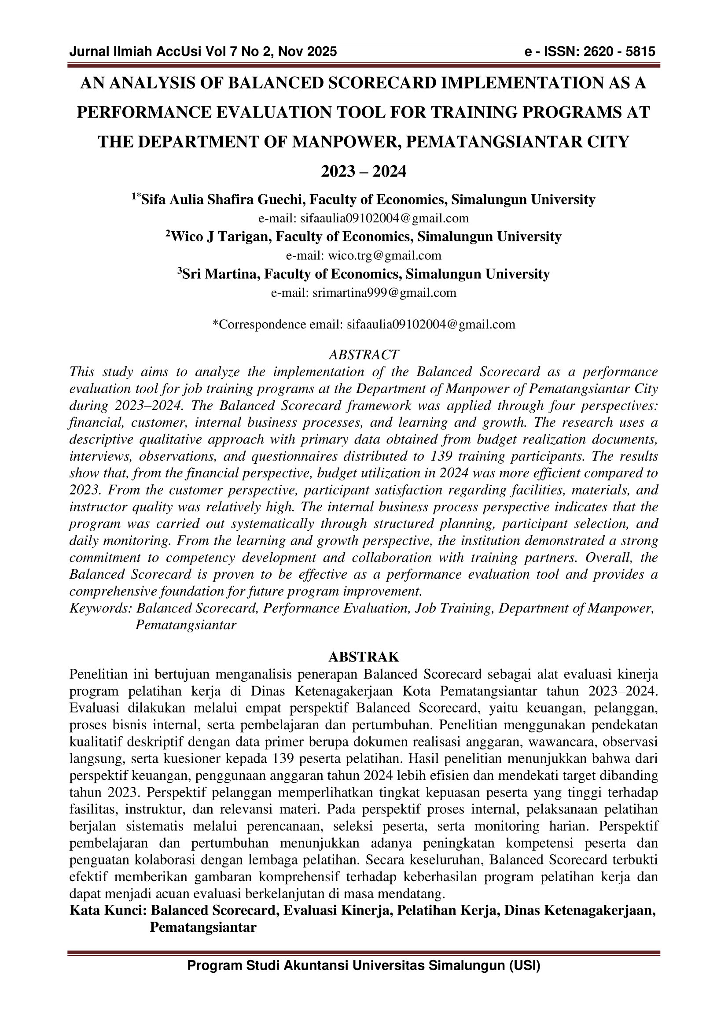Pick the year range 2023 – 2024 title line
pos(364,171)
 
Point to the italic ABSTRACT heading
pos(364,355)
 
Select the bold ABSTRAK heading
pos(364,657)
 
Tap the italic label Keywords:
pos(100,608)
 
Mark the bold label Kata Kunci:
pos(107,911)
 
